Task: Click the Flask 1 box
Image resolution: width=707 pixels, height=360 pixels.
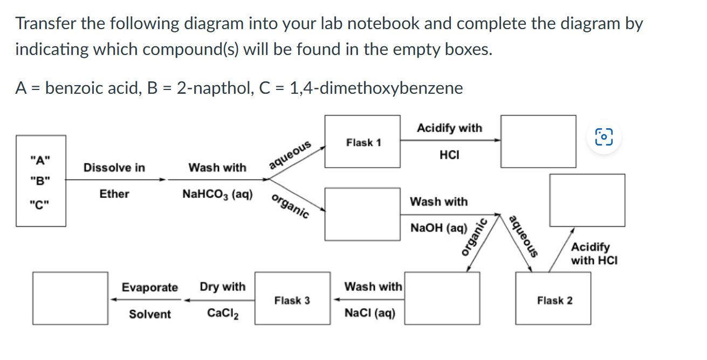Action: (x=363, y=142)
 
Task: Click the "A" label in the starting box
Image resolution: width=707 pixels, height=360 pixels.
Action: (x=41, y=160)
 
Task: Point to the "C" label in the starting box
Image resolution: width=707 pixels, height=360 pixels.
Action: (x=41, y=205)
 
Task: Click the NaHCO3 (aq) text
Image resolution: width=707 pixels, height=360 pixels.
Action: (x=218, y=194)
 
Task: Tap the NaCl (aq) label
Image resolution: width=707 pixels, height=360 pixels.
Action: (x=370, y=313)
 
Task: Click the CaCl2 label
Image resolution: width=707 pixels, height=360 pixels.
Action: (x=223, y=314)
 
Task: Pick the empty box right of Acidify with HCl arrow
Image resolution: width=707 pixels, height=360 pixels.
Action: (x=538, y=142)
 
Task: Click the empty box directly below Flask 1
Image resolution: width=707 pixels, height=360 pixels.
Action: (x=363, y=214)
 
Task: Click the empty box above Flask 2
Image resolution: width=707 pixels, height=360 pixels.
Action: (x=587, y=200)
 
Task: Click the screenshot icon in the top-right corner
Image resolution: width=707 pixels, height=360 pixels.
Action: (x=604, y=136)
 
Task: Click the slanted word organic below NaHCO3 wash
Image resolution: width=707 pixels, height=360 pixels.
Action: (x=291, y=206)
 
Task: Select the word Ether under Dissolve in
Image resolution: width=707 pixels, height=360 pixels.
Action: (x=114, y=194)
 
